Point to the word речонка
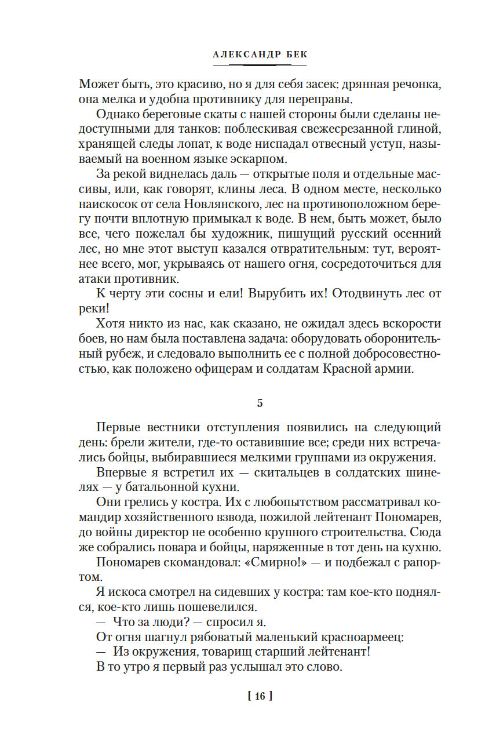[416, 83]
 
